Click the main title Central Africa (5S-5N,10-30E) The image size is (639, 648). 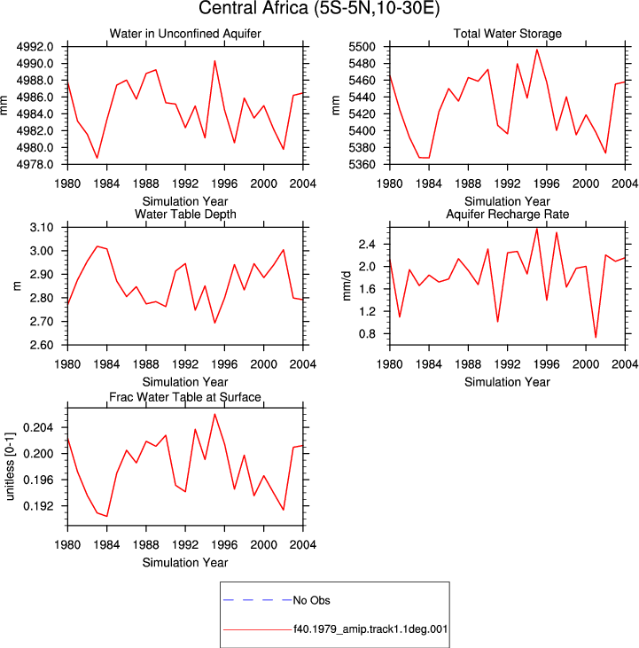tap(319, 8)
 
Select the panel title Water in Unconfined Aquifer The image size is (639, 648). tap(185, 34)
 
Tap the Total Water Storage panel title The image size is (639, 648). tap(507, 34)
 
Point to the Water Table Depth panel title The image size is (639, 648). tap(185, 214)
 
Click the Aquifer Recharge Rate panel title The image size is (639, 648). tap(507, 214)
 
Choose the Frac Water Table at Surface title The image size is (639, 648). tap(185, 397)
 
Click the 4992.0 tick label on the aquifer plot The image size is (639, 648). tap(35, 47)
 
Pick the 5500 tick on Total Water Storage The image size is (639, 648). tap(362, 47)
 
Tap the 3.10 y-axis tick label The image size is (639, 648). tap(42, 227)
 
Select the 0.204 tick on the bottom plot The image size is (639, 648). tap(38, 427)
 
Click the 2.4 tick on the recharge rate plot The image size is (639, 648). tap(367, 245)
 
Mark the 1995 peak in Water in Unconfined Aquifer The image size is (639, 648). tap(214, 61)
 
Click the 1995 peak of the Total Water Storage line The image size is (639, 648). tap(537, 50)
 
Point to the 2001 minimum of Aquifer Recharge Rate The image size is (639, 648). tap(596, 337)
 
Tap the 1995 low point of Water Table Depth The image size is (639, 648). tap(214, 323)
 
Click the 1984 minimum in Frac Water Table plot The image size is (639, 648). tap(107, 516)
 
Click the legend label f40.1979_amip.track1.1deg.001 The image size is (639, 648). tap(370, 629)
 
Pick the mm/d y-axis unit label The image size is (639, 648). tap(347, 286)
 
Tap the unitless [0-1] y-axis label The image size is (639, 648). tap(10, 466)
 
